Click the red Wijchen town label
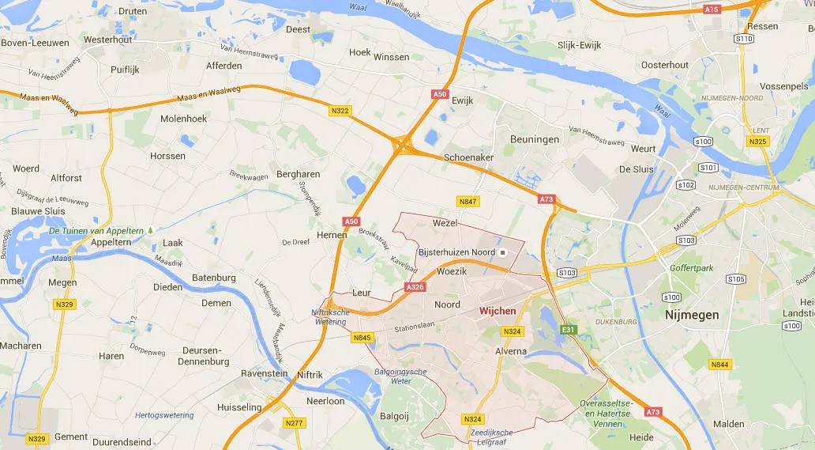(x=498, y=311)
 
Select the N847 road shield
(x=468, y=202)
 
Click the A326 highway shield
(x=416, y=287)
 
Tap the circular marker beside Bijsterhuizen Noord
(x=503, y=252)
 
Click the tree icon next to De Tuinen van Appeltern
(x=149, y=231)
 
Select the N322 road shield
(x=340, y=110)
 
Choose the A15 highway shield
(x=712, y=9)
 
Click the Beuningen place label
(x=534, y=139)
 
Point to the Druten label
(x=132, y=12)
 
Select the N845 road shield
(x=362, y=338)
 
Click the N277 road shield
(x=294, y=423)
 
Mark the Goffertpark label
(x=691, y=268)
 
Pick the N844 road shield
(x=719, y=365)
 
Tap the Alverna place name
(x=511, y=350)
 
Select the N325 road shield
(x=757, y=141)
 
